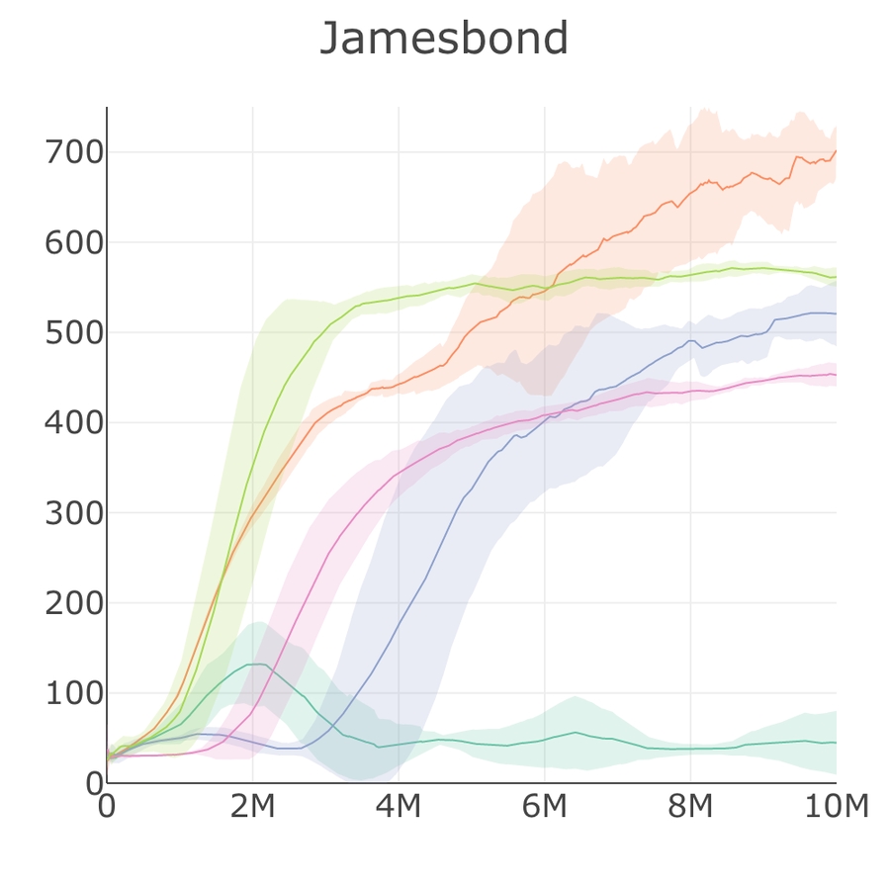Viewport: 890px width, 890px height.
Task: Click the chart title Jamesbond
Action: click(x=444, y=40)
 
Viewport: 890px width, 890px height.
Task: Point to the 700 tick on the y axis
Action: click(x=74, y=153)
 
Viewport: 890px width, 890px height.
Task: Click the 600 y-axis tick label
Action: click(x=74, y=243)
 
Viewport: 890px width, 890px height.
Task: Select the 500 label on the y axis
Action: click(x=74, y=333)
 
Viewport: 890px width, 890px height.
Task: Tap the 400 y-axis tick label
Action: click(x=74, y=423)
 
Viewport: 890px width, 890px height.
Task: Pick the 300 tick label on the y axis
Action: click(x=74, y=513)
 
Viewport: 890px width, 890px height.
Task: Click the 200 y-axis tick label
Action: click(x=74, y=603)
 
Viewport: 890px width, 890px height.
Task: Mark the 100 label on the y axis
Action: click(x=74, y=693)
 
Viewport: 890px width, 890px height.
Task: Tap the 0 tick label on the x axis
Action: click(x=107, y=807)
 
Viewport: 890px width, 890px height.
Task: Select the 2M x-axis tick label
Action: click(x=252, y=807)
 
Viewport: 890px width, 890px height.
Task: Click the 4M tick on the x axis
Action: click(x=399, y=807)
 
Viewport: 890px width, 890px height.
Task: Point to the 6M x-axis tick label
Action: click(x=544, y=807)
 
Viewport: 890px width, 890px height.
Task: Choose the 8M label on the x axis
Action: click(x=690, y=807)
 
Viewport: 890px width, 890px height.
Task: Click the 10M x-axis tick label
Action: click(x=836, y=807)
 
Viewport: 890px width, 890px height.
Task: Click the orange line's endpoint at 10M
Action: click(x=836, y=151)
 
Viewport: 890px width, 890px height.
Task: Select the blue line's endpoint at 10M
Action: click(x=836, y=313)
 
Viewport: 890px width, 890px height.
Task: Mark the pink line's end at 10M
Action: click(x=836, y=375)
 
